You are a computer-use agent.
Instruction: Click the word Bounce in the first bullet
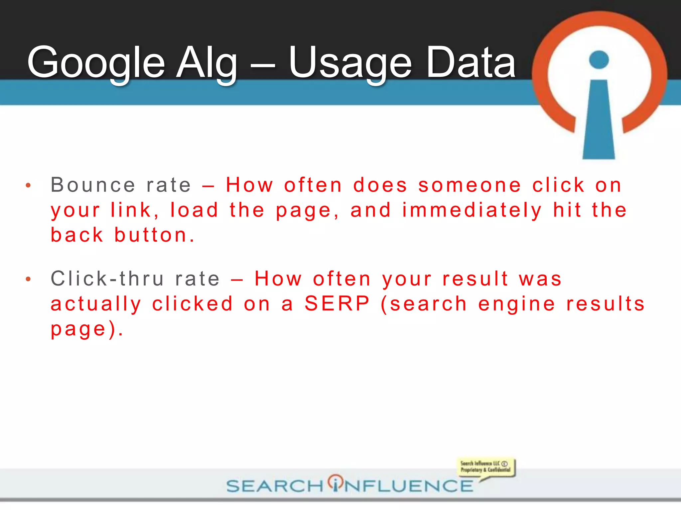[x=93, y=185]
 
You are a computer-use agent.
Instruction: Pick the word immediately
[x=472, y=211]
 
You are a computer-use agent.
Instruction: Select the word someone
[x=470, y=185]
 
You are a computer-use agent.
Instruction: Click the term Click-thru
[x=107, y=279]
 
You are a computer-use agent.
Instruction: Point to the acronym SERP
[x=337, y=304]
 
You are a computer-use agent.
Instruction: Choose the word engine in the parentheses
[x=517, y=304]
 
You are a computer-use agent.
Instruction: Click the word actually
[x=96, y=304]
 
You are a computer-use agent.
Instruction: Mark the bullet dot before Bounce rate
[x=28, y=186]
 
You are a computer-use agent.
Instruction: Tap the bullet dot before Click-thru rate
[x=28, y=279]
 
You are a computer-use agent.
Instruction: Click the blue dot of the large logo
[x=599, y=60]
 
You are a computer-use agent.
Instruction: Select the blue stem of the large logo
[x=599, y=123]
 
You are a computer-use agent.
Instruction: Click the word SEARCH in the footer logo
[x=275, y=486]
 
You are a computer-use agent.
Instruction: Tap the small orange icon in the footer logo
[x=336, y=482]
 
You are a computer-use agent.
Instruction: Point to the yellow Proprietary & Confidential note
[x=485, y=467]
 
